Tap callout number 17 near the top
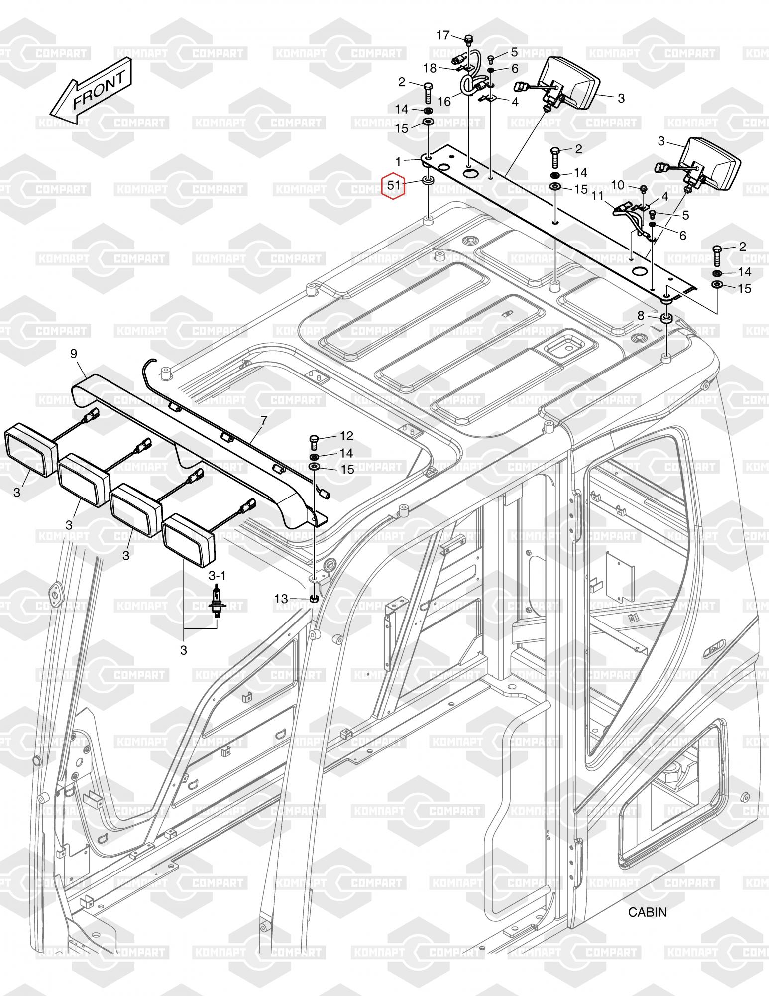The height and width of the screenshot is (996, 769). [443, 35]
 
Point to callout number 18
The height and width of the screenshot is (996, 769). [430, 68]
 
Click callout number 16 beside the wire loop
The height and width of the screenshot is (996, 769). [444, 102]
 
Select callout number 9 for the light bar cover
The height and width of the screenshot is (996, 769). [73, 354]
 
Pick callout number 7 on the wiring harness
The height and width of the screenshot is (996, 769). [263, 421]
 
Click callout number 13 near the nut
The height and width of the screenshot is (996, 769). [281, 599]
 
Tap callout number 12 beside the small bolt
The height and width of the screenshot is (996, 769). [346, 436]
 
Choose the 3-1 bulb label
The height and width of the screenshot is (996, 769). [217, 576]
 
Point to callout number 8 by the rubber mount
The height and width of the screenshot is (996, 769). [641, 315]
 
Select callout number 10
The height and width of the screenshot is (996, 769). [617, 185]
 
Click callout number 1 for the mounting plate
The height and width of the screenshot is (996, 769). [398, 161]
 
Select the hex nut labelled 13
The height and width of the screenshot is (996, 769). [314, 598]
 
